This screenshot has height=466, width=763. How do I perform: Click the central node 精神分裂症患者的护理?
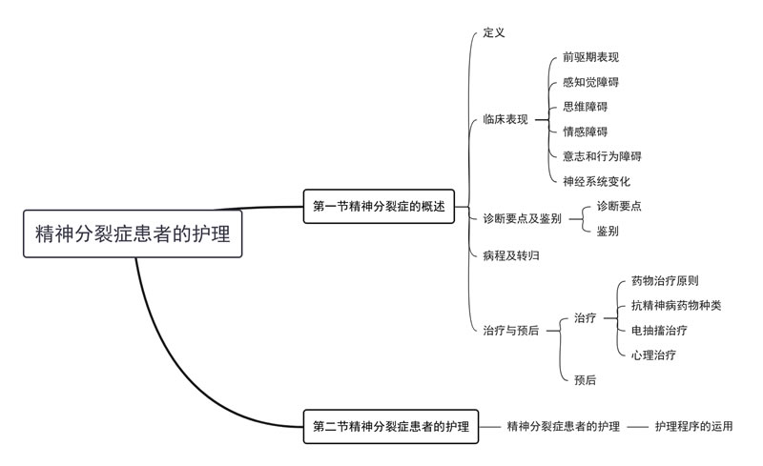coord(133,233)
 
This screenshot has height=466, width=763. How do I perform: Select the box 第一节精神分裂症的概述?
coord(379,205)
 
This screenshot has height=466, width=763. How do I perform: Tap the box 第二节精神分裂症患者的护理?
coord(391,427)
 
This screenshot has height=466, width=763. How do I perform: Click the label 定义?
coord(494,32)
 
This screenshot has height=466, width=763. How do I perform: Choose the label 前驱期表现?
coord(591,57)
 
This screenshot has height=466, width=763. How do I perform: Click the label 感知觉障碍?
coord(591,82)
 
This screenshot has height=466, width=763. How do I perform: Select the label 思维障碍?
coord(586,107)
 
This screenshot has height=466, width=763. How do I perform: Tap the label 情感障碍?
coord(586,132)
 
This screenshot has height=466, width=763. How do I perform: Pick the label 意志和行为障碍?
coord(602,156)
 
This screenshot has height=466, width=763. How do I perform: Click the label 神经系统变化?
coord(597,181)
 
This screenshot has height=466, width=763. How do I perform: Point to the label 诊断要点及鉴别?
coord(522,218)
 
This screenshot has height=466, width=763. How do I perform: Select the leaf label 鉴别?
coord(608,231)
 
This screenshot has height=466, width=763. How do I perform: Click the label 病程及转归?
coord(511,255)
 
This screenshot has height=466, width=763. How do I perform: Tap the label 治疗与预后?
coord(511,330)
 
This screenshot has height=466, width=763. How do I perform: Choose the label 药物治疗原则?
coord(665,281)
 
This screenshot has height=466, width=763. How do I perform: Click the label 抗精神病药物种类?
coord(676,306)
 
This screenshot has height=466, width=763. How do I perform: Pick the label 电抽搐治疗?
coord(659,331)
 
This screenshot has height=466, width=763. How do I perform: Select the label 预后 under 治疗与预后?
coord(586,380)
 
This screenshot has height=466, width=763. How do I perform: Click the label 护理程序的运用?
coord(694,427)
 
